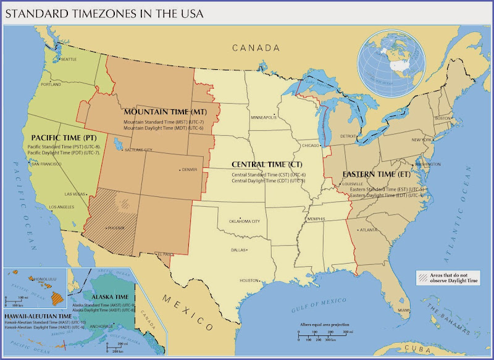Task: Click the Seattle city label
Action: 68,59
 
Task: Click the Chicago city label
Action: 310,146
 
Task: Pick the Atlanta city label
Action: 369,230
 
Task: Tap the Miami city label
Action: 403,309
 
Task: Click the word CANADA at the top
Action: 256,48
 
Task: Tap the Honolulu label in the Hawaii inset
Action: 27,276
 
